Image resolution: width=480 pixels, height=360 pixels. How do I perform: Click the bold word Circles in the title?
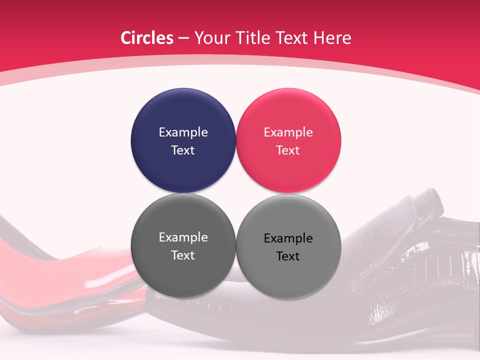(147, 38)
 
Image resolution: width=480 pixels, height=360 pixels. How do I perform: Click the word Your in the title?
(210, 38)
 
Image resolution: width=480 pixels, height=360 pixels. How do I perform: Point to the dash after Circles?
(183, 38)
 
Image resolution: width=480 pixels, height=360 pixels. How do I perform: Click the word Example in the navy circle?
(183, 132)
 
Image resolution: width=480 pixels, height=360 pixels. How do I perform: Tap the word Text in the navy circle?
(183, 150)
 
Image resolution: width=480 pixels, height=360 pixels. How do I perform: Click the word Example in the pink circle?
(288, 132)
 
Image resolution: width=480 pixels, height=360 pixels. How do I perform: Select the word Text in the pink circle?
(288, 150)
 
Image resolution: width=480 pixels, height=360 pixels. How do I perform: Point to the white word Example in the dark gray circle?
(183, 237)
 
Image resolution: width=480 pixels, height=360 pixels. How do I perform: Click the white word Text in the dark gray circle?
(183, 255)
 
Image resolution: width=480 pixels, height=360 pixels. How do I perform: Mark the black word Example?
(288, 238)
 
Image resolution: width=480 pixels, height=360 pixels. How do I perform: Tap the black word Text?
(288, 256)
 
